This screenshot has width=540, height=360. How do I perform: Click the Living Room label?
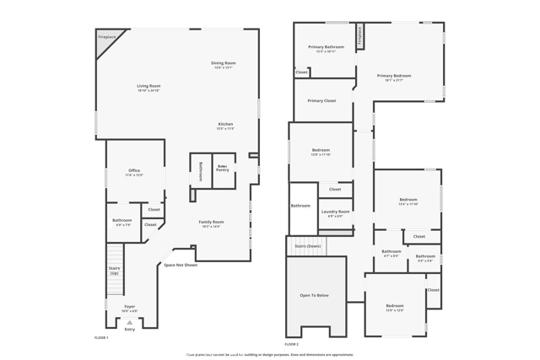[x=148, y=86]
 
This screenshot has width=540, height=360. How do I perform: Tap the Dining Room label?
[x=224, y=63]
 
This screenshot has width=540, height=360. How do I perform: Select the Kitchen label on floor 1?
[x=225, y=125]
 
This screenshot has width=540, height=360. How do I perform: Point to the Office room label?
[x=134, y=171]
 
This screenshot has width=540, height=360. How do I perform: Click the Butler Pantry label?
[x=223, y=169]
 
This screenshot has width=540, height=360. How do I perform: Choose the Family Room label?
[x=211, y=222]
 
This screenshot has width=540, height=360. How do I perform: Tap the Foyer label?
[x=129, y=307]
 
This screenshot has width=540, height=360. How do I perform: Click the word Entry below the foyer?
[x=129, y=329]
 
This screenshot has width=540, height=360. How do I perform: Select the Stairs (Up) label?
[x=114, y=271]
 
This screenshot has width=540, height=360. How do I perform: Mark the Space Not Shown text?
[x=181, y=265]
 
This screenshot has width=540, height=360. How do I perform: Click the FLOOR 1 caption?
[x=101, y=337]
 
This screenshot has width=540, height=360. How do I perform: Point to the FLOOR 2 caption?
[x=292, y=344]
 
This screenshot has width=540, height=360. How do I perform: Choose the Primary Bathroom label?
[x=326, y=47]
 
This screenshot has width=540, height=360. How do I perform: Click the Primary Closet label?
[x=321, y=100]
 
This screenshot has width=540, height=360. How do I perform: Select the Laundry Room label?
[x=335, y=212]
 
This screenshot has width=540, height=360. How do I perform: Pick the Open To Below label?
[x=315, y=295]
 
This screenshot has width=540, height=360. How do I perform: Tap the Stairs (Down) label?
[x=307, y=246]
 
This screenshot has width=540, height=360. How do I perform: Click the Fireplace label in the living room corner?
[x=107, y=37]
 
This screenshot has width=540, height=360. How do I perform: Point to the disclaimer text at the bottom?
[x=270, y=354]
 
